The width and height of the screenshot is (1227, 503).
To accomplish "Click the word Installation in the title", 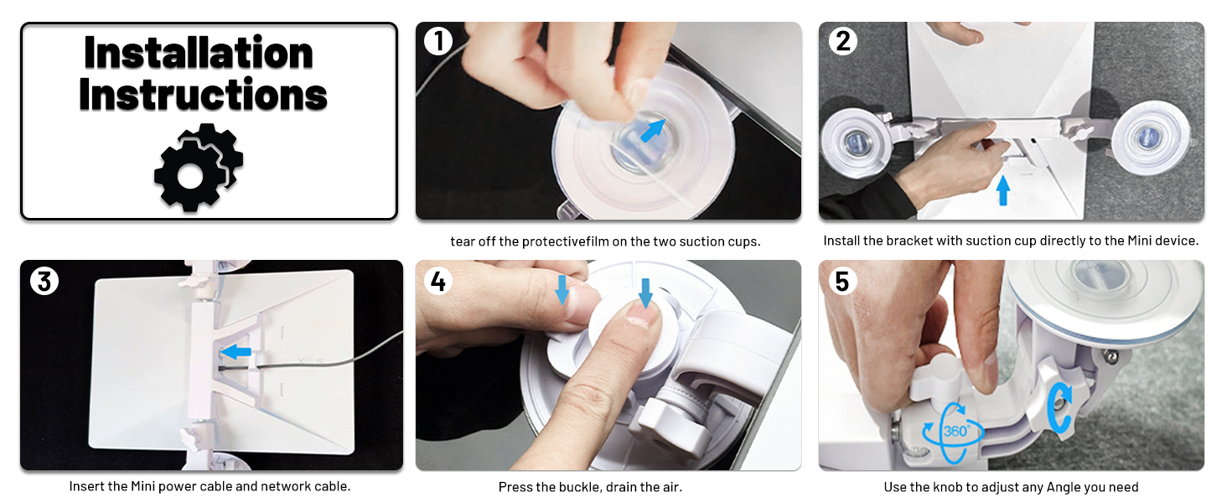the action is [x=199, y=53].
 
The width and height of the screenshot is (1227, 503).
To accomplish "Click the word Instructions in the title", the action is [x=203, y=94].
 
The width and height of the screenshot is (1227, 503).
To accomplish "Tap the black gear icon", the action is [x=199, y=168].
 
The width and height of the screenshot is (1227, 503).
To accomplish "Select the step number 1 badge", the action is [x=438, y=41].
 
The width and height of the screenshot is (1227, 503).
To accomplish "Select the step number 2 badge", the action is [x=842, y=41].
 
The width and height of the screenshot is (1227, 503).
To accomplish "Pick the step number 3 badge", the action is [x=44, y=281].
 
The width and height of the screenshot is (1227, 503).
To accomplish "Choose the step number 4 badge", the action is [x=438, y=281].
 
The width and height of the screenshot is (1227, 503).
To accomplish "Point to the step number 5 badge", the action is [x=842, y=281].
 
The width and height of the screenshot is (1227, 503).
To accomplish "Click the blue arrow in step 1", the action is [x=652, y=131].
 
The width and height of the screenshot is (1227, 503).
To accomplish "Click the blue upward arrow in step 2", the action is [x=1003, y=190].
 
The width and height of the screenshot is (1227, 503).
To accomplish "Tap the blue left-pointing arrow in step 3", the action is [x=236, y=351].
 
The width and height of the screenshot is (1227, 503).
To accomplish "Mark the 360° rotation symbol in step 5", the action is [x=954, y=433].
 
